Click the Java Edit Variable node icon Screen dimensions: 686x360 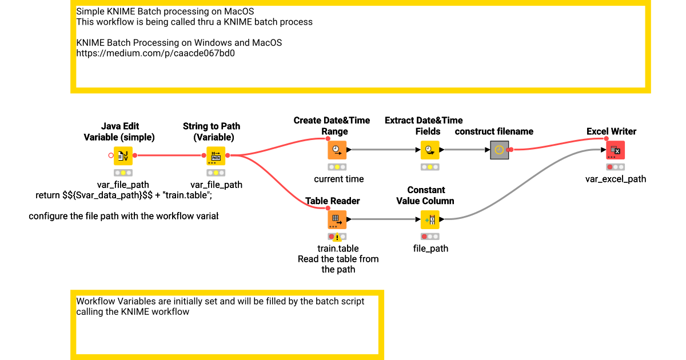point(123,155)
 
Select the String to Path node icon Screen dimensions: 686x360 point(216,155)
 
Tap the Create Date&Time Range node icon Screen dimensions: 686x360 point(337,150)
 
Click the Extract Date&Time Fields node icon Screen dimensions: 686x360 point(430,150)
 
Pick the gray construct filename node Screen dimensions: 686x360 point(500,150)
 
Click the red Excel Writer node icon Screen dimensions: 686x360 point(615,150)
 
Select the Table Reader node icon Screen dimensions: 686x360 point(337,219)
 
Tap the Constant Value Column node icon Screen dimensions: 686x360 point(430,219)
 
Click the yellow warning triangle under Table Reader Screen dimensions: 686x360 point(337,237)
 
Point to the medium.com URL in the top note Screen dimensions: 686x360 point(155,53)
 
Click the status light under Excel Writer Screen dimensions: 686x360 point(615,167)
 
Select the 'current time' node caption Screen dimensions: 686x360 point(338,179)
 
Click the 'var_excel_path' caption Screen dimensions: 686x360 point(616,179)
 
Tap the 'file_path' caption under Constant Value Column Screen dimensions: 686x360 point(430,249)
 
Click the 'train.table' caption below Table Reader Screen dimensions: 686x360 point(338,248)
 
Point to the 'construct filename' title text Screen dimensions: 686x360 point(494,131)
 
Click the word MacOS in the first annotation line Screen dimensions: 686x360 point(239,11)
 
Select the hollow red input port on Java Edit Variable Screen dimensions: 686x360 point(111,155)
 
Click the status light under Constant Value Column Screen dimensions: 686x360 point(430,237)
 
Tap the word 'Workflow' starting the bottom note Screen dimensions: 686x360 point(95,301)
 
